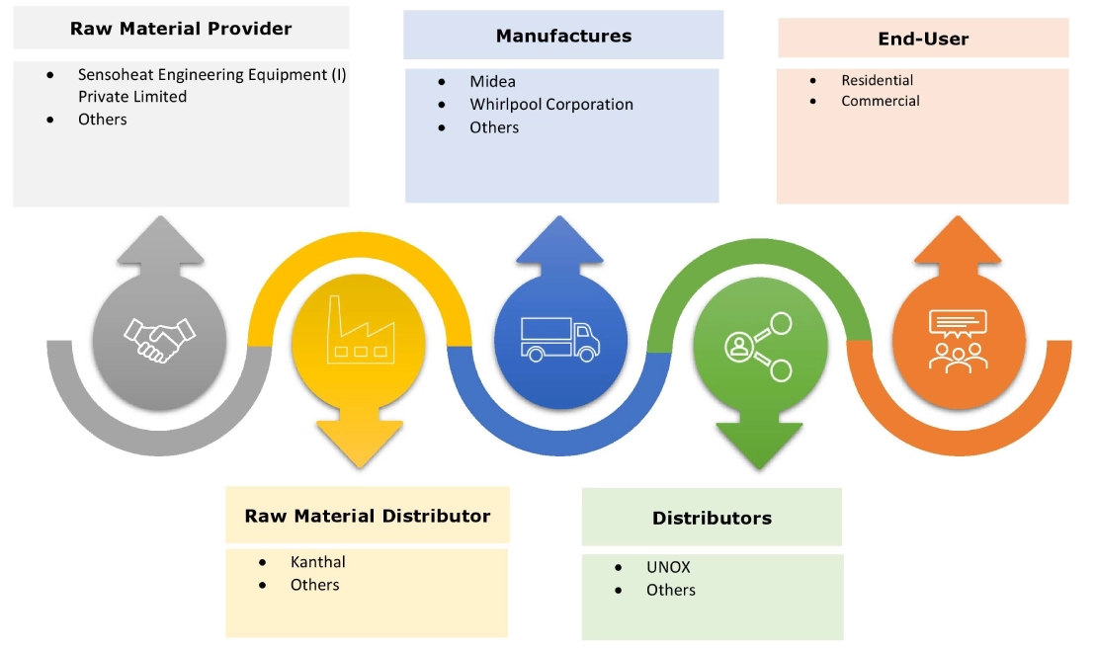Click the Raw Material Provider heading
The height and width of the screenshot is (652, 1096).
pos(181,29)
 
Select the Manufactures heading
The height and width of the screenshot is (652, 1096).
pos(563,37)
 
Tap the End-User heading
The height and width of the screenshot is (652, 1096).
pos(923,40)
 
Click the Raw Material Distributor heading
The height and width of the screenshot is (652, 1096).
pos(368,516)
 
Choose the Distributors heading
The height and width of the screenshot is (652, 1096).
pos(712,518)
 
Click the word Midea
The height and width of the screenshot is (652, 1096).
pos(492,81)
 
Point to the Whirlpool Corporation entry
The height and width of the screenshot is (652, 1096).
pos(551,104)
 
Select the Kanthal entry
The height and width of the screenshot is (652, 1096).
pos(317,562)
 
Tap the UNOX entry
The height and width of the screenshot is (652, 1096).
pos(668,567)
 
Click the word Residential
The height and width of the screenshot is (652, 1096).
pos(877,80)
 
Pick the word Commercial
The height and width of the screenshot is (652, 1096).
pos(881,101)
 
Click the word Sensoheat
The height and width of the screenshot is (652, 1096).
pos(117,74)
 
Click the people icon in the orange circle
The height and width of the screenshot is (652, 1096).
pos(957,340)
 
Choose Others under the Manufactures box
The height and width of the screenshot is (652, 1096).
pos(494,127)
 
